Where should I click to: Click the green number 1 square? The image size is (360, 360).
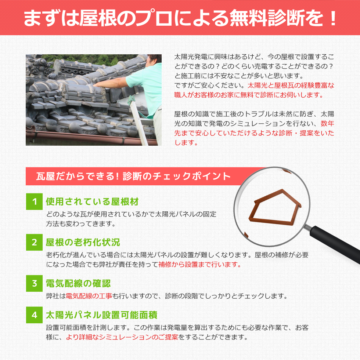(34, 201)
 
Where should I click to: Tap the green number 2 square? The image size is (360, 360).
(34, 242)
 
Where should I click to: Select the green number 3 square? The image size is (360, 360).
(34, 283)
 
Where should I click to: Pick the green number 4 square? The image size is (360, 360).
(34, 315)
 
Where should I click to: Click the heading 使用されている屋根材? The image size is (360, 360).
(92, 201)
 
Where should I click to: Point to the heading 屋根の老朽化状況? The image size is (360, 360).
(83, 243)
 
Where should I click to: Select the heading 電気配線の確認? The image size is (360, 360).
(78, 284)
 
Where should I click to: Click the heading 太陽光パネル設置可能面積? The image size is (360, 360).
(102, 315)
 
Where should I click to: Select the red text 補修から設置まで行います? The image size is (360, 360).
(199, 265)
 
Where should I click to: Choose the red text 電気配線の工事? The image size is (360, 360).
(89, 296)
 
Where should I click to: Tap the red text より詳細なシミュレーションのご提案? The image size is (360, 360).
(122, 337)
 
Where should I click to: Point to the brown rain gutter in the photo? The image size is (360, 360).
(91, 138)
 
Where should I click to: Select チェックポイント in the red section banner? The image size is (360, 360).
(191, 176)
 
